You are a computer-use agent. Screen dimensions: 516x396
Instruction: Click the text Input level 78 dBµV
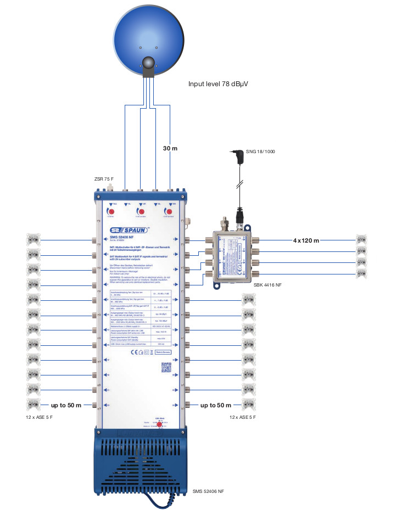pyautogui.click(x=218, y=84)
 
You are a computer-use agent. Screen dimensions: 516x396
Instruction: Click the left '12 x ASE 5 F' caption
pyautogui.click(x=39, y=418)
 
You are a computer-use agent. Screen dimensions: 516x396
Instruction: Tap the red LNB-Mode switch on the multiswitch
pyautogui.click(x=159, y=424)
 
